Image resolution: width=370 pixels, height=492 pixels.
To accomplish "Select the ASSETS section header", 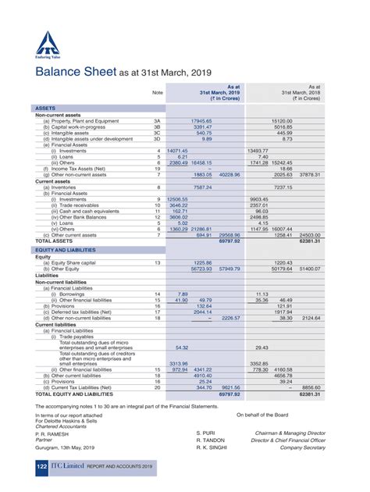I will tap(44, 107).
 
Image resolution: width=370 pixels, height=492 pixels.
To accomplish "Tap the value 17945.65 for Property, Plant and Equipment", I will tap(202, 121).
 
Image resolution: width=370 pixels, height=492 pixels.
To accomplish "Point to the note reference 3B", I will tap(157, 127).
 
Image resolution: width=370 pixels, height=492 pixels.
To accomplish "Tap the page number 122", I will tap(42, 466).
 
